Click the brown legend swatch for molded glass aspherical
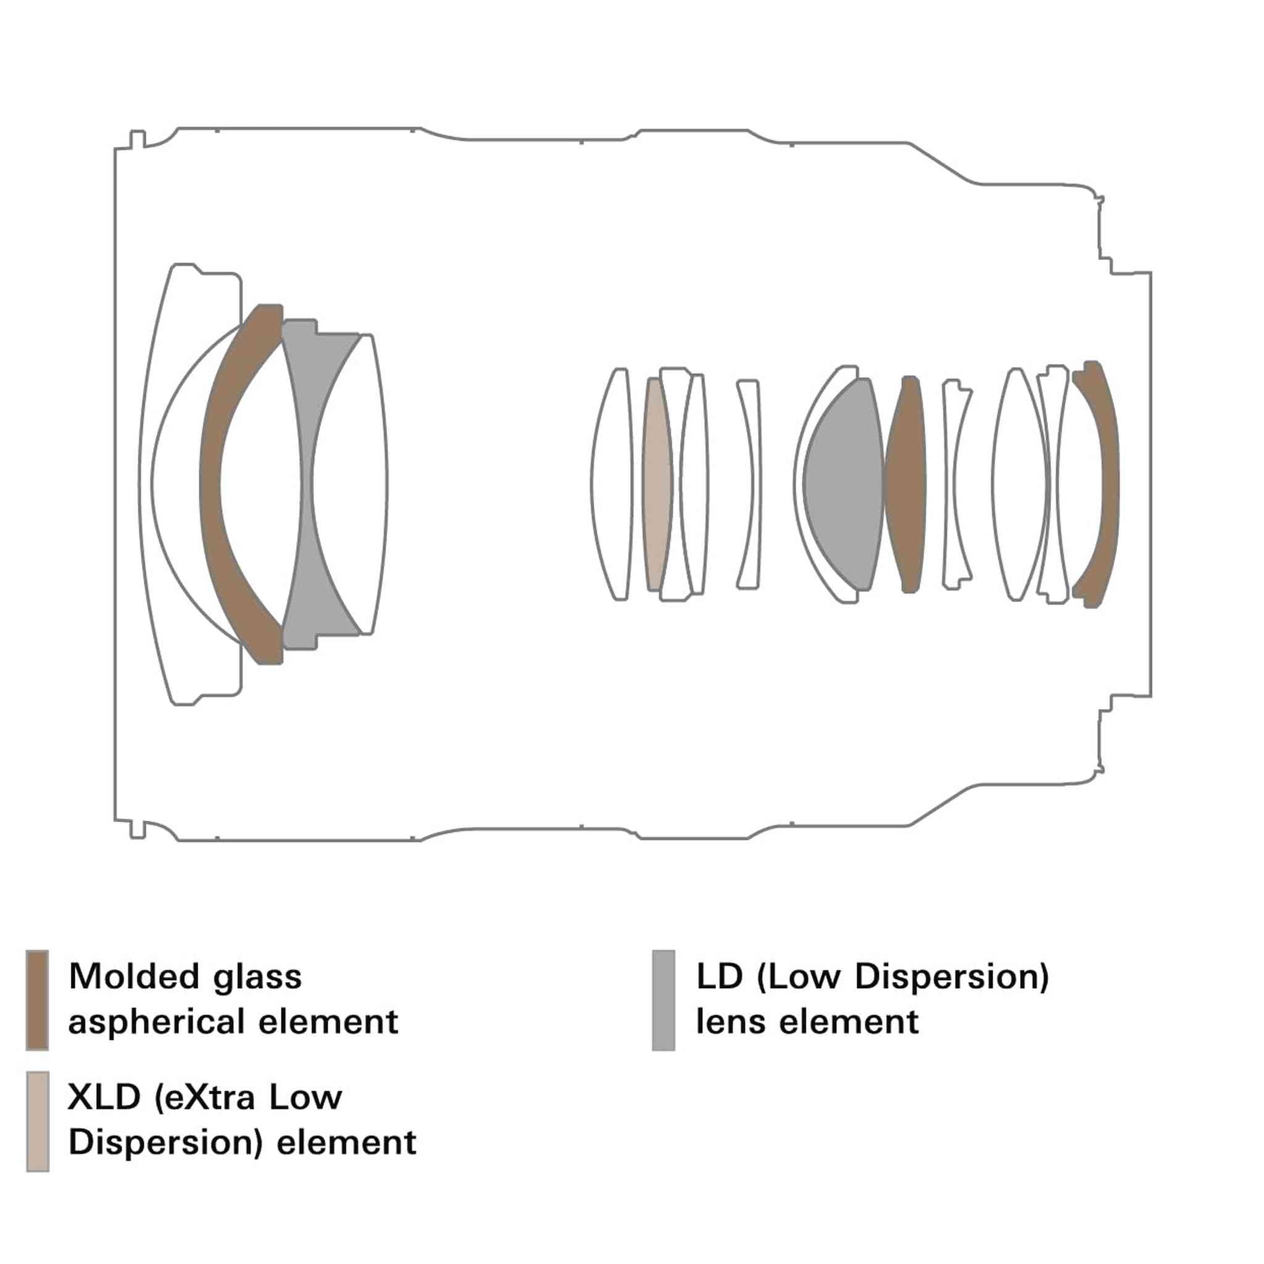pos(37,1000)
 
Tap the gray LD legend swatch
pos(663,1000)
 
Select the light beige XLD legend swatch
pos(37,1121)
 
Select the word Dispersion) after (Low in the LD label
pos(951,977)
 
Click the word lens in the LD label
pos(730,1021)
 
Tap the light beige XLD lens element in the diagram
pos(657,484)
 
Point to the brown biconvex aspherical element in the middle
pos(906,484)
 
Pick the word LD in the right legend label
pos(720,976)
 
